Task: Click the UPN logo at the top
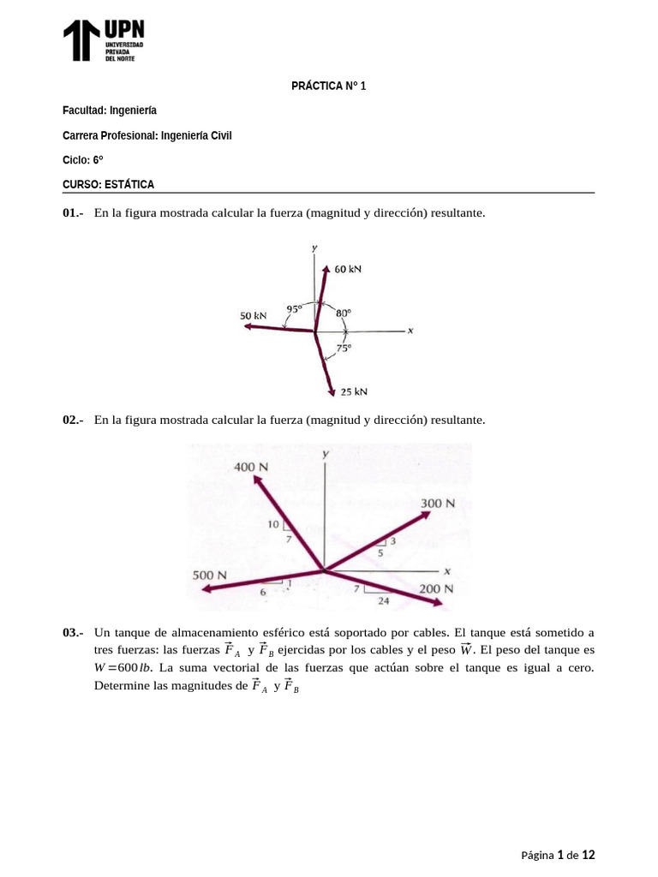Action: (104, 41)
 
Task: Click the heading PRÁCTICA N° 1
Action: (328, 86)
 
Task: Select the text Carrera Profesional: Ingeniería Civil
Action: (147, 135)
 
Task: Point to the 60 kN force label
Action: (348, 269)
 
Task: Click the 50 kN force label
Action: (254, 316)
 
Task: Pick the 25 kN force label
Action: (353, 391)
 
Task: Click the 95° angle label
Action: (294, 309)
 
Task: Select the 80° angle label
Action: (343, 313)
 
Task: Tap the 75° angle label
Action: (343, 348)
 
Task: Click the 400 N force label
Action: (251, 467)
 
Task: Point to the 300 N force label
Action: (437, 503)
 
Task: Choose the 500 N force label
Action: (209, 576)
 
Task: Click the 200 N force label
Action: (436, 589)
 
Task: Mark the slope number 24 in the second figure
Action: (383, 601)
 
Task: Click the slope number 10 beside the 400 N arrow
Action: (273, 524)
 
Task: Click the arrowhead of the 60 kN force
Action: (326, 268)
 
